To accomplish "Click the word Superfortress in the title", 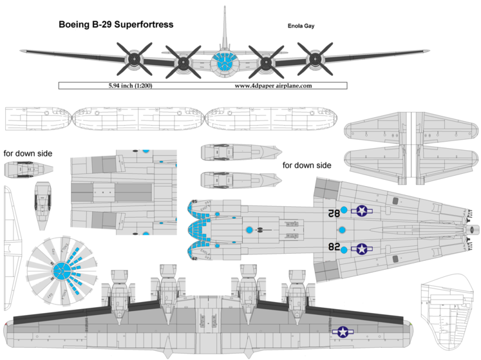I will click(x=142, y=25).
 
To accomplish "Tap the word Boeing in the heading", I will click(x=75, y=25).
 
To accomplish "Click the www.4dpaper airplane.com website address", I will click(x=273, y=85).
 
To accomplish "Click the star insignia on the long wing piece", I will click(x=343, y=332).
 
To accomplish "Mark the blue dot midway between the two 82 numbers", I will click(x=343, y=230).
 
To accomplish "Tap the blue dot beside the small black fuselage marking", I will click(x=249, y=230).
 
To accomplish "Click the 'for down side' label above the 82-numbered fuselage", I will click(x=307, y=166).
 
